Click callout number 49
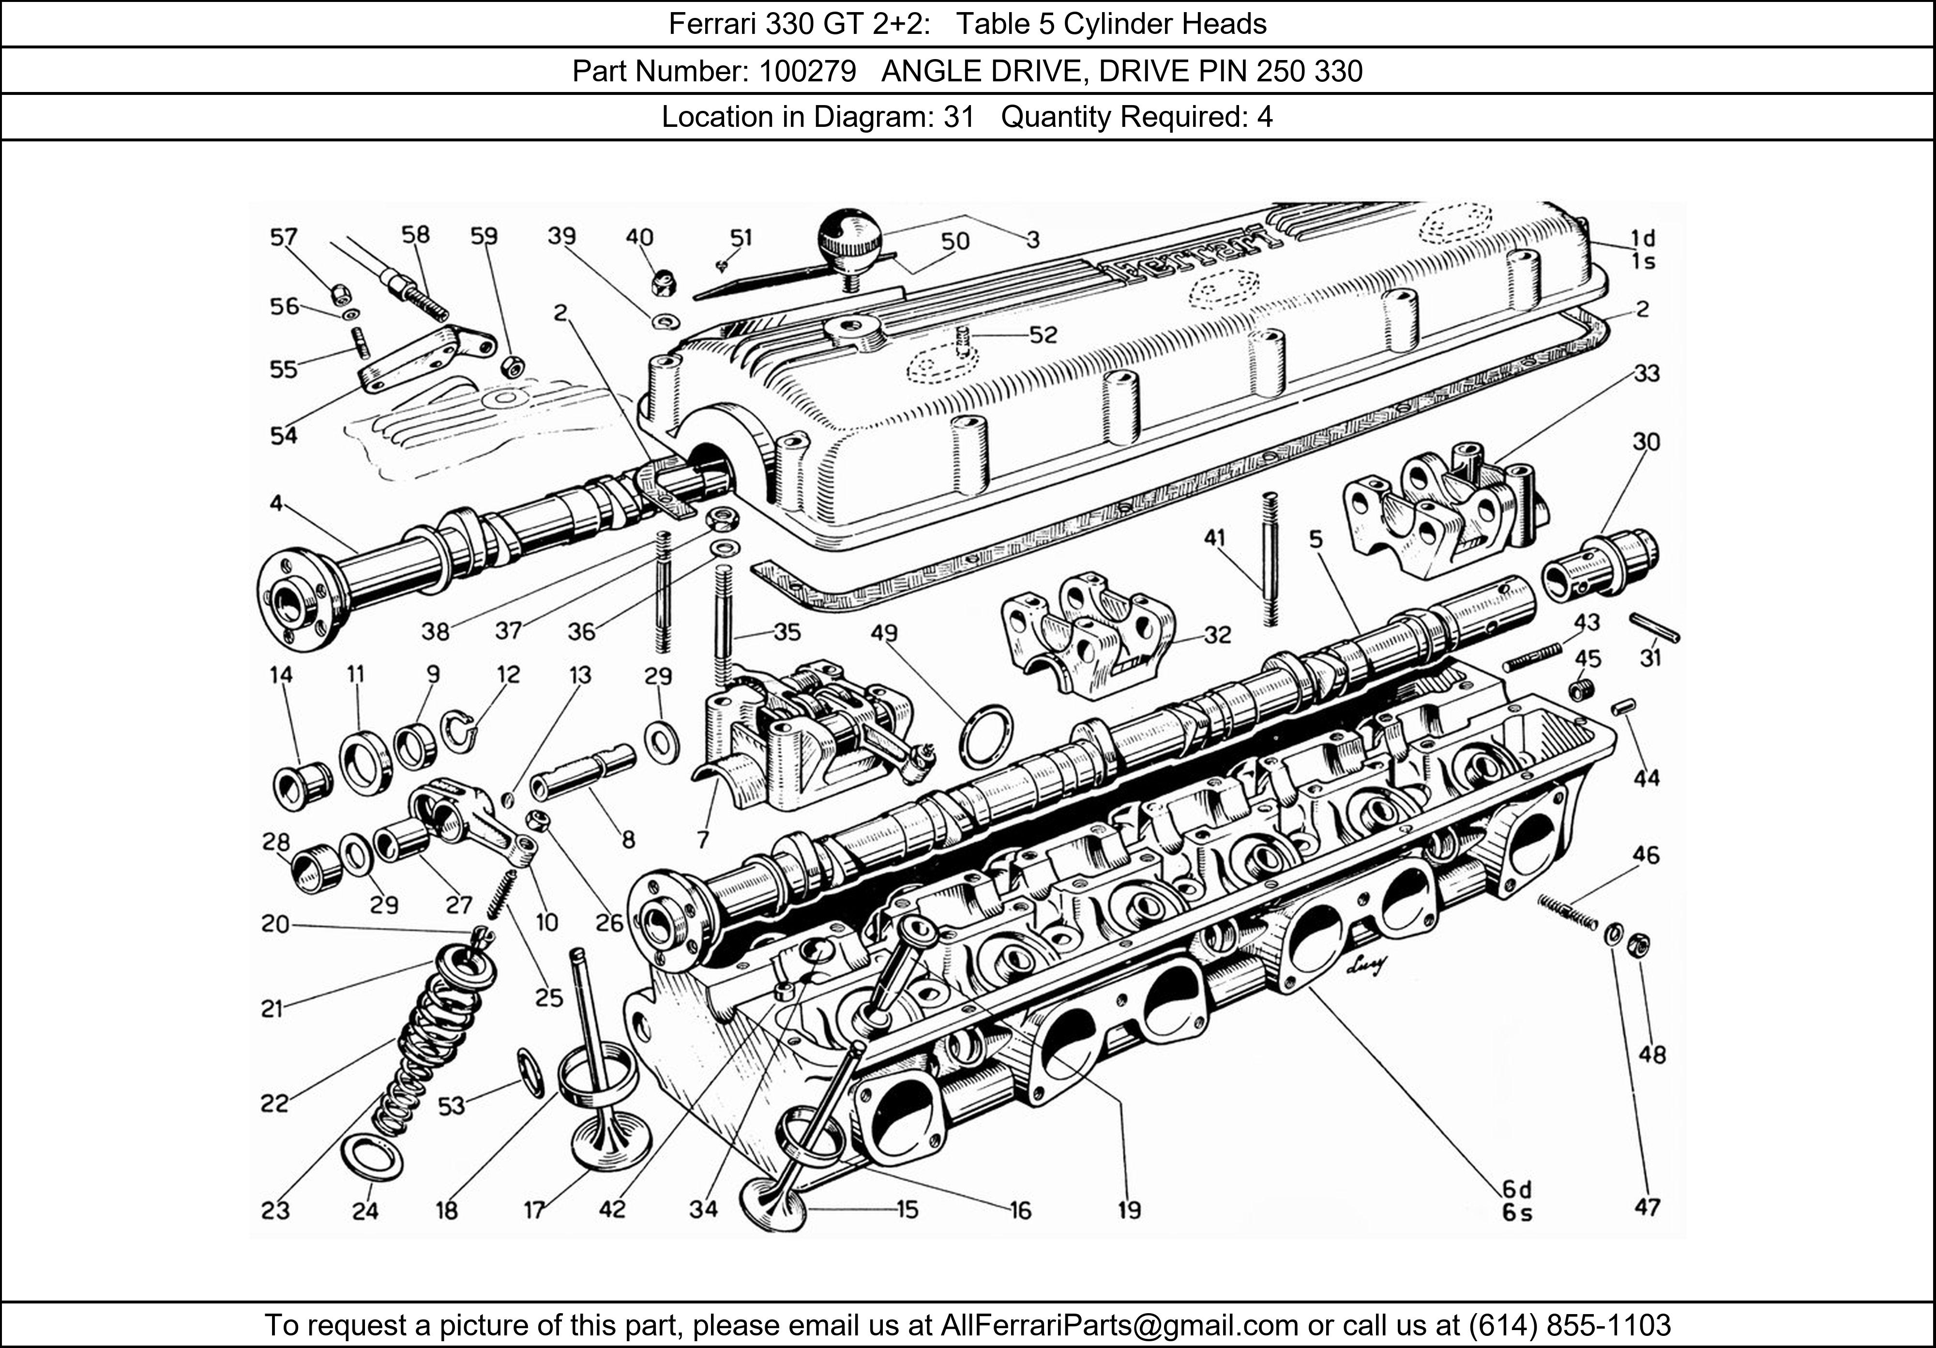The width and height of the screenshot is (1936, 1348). pos(885,633)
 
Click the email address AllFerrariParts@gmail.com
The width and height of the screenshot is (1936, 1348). pos(1119,1325)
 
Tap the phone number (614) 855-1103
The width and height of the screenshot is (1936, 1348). pos(1570,1325)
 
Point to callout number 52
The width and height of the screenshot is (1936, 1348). pos(1043,335)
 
